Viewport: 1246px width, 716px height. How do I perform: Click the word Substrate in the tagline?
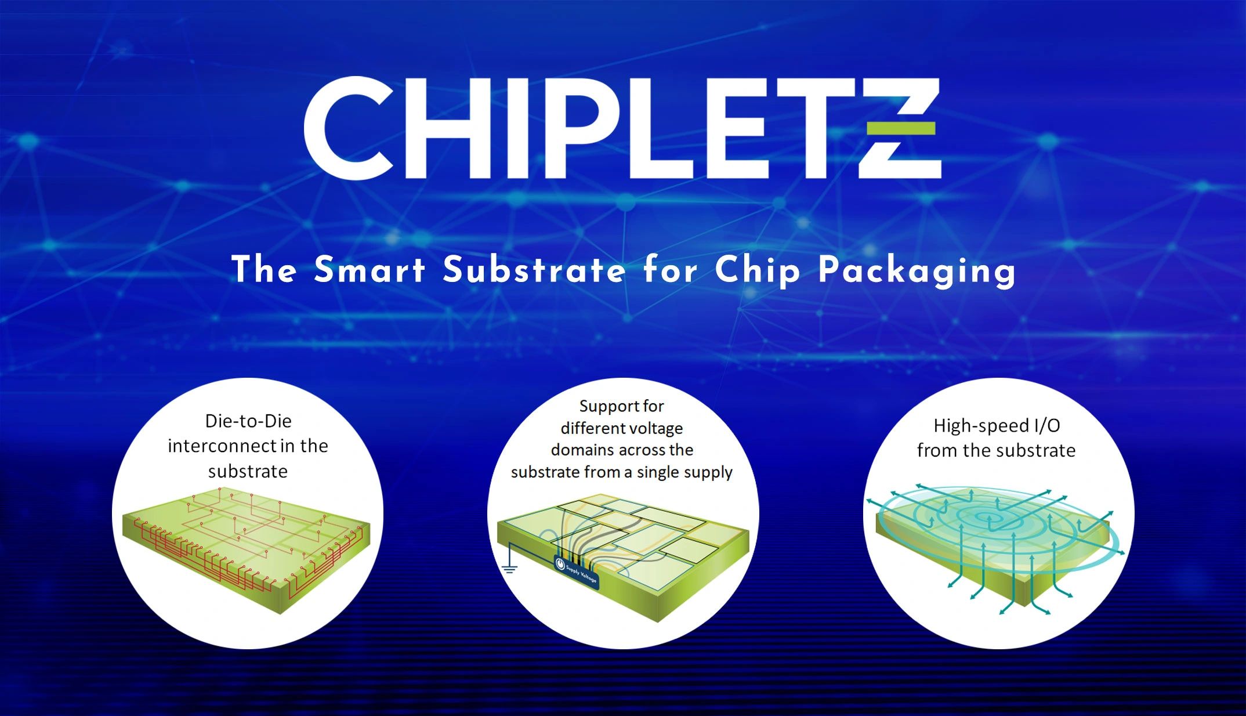coord(534,270)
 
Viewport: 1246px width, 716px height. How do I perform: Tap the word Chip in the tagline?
coord(758,270)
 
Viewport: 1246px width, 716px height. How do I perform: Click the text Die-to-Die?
coord(248,421)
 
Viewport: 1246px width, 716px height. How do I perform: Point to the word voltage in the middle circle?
coord(654,428)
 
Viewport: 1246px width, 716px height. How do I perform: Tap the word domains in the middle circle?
coord(578,450)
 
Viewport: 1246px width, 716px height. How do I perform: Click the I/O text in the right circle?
coord(1047,426)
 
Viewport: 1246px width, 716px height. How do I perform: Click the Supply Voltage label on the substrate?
coord(577,571)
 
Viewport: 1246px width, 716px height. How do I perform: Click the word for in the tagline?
coord(669,270)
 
